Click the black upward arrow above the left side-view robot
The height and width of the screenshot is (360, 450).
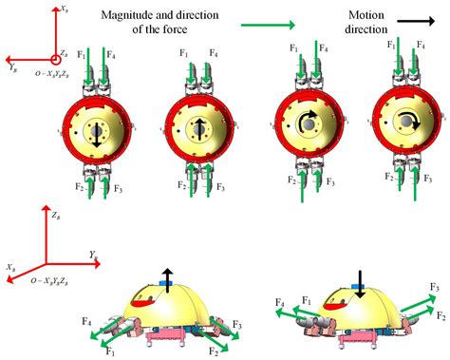click(x=167, y=275)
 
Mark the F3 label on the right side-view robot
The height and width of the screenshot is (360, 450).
click(x=435, y=286)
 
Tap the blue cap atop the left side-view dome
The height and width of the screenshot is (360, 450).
click(x=167, y=285)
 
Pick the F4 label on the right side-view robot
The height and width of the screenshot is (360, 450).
click(x=282, y=303)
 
